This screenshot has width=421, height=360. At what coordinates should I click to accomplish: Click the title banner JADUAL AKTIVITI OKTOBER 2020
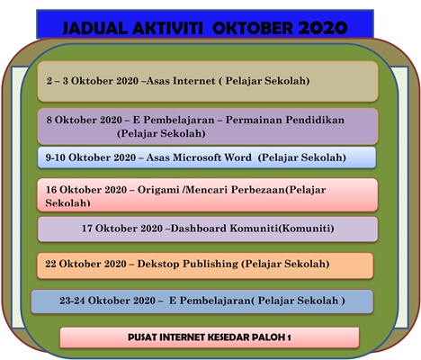coord(205,26)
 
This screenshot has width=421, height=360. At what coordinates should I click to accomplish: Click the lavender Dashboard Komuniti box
coord(207,229)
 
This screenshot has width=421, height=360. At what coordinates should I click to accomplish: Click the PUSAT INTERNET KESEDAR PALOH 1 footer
coord(209,337)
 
